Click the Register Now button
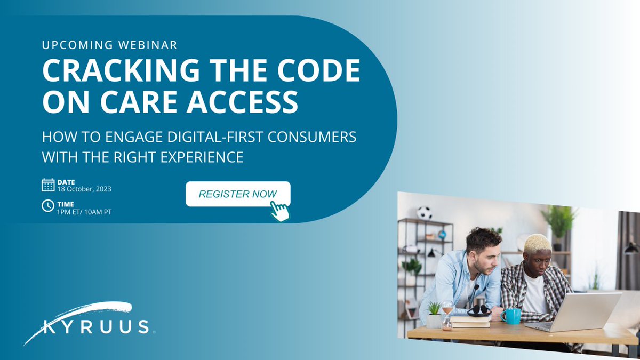(237, 194)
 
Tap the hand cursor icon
(279, 211)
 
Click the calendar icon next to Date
(48, 185)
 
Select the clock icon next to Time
(48, 206)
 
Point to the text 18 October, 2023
(84, 189)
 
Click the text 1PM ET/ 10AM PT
(85, 212)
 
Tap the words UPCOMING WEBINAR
(109, 45)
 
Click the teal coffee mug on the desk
(511, 316)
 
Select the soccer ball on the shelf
(425, 213)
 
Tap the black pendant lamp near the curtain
(631, 248)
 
